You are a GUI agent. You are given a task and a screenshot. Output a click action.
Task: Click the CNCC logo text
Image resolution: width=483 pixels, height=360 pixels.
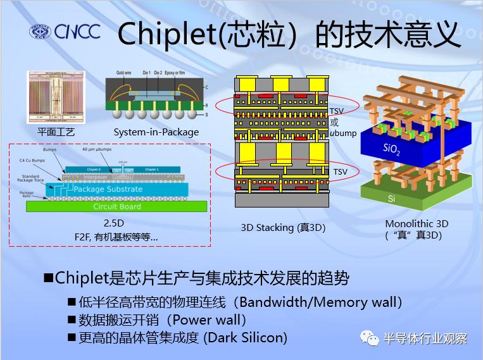(x=77, y=32)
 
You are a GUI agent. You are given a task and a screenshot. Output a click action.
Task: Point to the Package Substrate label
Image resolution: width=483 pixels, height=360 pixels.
(x=107, y=189)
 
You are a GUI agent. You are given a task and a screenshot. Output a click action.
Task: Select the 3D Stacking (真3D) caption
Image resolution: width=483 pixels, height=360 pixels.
(x=283, y=227)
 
